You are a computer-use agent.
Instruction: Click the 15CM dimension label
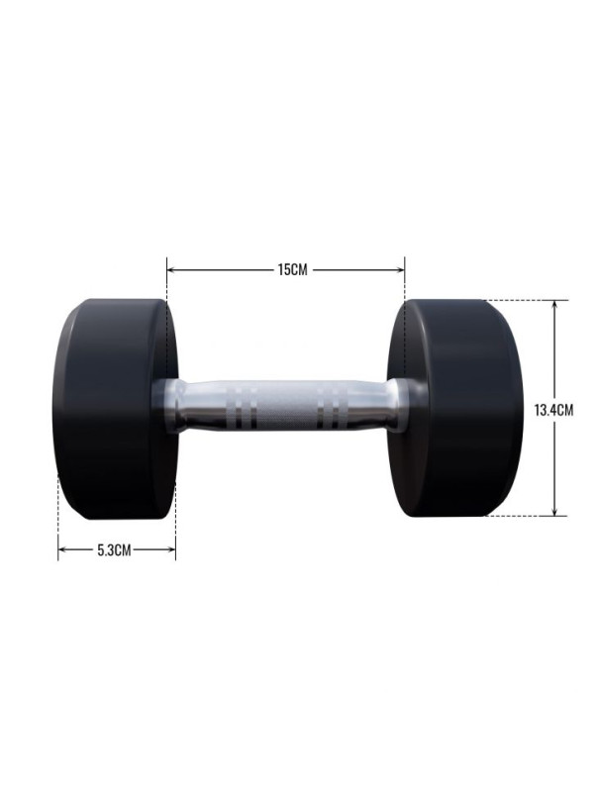tap(292, 269)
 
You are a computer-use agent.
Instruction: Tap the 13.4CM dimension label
tap(553, 410)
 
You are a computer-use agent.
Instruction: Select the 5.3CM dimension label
tap(114, 549)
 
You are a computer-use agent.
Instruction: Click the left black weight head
tap(115, 409)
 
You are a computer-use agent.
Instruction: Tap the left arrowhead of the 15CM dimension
tap(170, 270)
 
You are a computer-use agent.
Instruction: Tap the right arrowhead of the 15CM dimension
tap(401, 270)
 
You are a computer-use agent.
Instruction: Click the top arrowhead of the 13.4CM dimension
tap(554, 305)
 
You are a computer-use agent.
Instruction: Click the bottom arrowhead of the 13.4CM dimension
tap(554, 512)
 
